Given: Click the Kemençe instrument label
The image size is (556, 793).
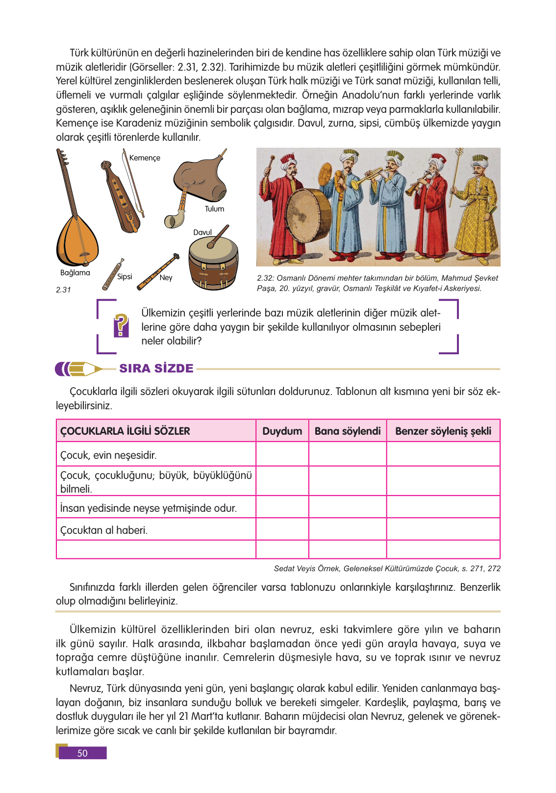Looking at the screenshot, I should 145,158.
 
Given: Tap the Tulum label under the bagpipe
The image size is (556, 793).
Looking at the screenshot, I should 214,209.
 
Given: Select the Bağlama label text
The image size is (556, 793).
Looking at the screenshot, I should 75,273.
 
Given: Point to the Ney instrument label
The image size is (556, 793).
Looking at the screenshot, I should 166,278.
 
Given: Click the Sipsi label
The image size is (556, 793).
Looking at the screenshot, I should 125,277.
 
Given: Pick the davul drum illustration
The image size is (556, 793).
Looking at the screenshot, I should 214,263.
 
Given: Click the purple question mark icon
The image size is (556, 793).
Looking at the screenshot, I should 121,325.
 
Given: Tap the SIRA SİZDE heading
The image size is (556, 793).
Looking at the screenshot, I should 156,369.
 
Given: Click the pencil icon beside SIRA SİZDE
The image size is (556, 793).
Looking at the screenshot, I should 78,369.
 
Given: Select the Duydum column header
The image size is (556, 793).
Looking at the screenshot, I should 282,431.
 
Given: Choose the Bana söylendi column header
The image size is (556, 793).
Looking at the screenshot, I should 347,431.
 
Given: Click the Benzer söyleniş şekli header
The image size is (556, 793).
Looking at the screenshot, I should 443,431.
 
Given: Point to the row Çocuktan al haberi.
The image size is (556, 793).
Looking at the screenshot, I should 104,530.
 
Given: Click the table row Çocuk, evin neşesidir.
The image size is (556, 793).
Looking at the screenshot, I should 108,455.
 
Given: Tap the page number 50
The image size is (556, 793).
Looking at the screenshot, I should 82,753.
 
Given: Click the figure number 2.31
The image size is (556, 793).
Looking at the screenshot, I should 63,290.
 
